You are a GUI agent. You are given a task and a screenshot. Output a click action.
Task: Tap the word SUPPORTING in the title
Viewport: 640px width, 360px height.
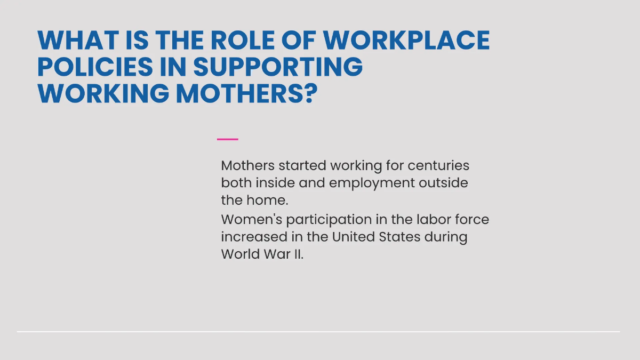(277, 67)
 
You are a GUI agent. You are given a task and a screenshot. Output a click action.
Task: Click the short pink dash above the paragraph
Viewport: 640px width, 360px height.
(228, 139)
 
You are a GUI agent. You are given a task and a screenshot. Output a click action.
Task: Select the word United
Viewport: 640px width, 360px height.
(353, 237)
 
